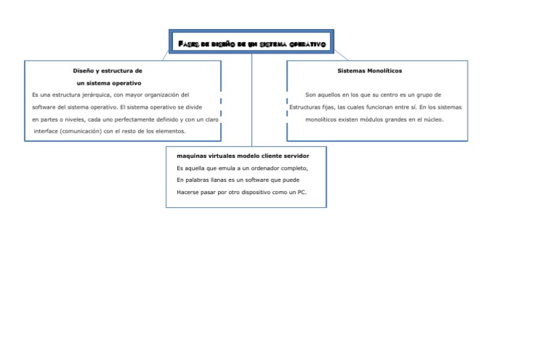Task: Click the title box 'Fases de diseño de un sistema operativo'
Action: coord(251,44)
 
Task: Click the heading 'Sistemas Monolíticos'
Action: coord(370,71)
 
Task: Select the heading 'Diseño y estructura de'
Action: coord(107,71)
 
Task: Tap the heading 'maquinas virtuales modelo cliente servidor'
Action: coord(243,156)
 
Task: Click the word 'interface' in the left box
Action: coord(49,131)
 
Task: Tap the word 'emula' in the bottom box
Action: coord(223,167)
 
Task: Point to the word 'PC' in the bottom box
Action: coord(301,192)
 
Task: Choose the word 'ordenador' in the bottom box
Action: coord(264,167)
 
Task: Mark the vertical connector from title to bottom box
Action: coord(251,101)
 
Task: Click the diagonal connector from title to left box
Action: coord(167,56)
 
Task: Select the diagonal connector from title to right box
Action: coord(340,54)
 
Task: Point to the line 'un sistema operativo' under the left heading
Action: coord(109,83)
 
